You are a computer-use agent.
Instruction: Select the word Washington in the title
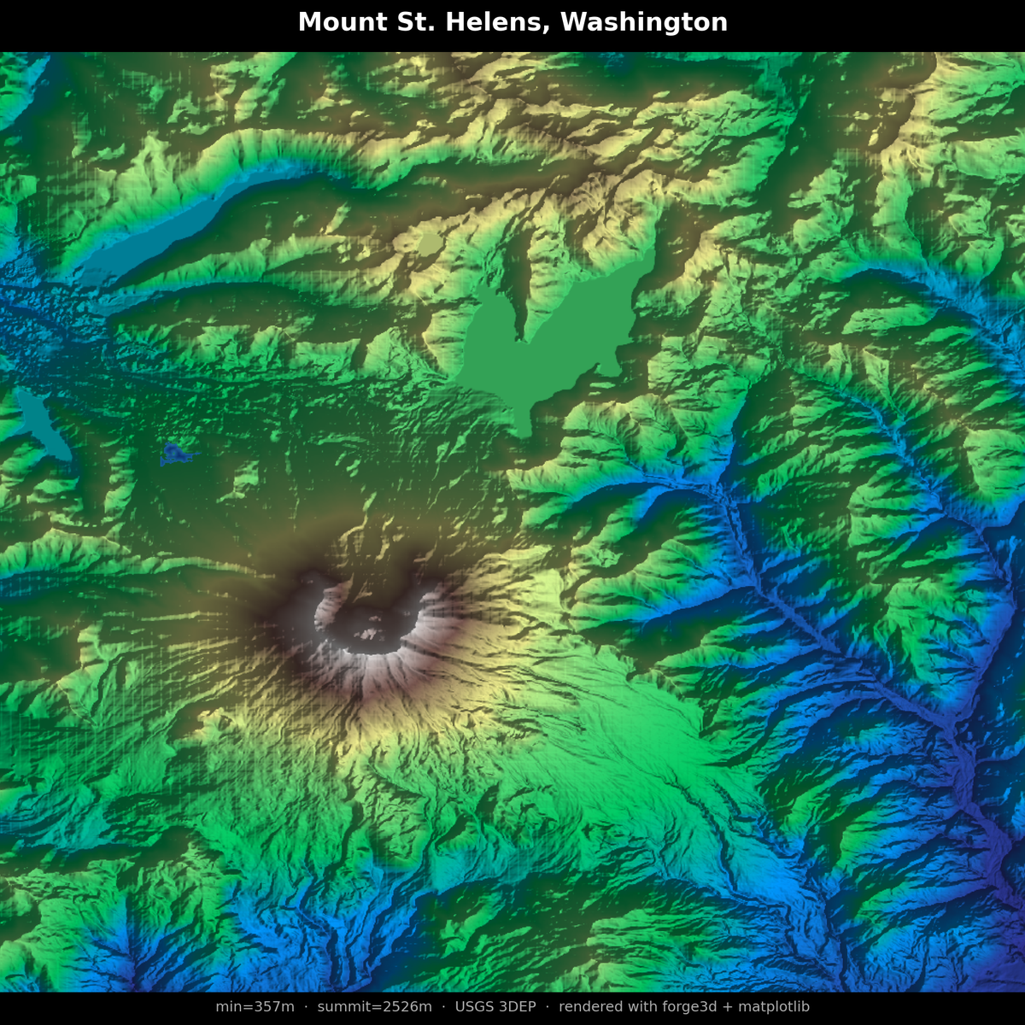[643, 22]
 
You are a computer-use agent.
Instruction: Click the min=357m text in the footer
[255, 1007]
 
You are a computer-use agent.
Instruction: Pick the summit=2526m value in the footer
[374, 1007]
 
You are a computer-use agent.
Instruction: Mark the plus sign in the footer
[723, 1007]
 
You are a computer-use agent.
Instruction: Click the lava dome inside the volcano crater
[368, 634]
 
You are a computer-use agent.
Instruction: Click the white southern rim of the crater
[376, 665]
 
